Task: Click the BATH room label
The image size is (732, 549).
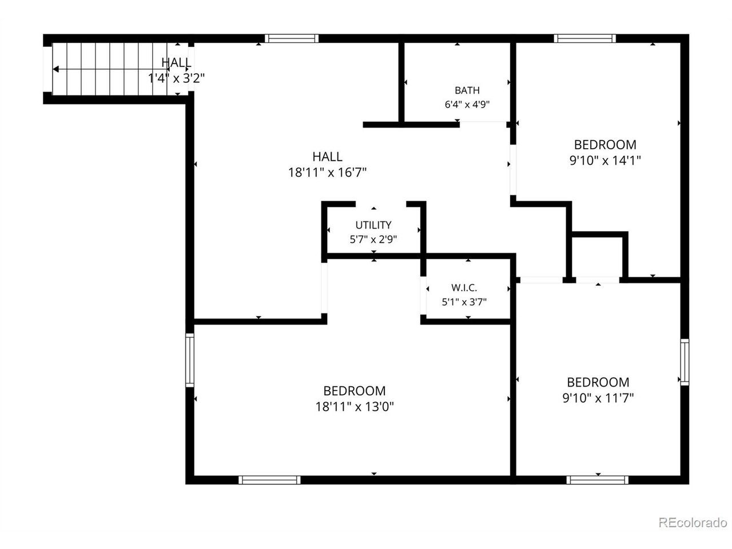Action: coord(467,90)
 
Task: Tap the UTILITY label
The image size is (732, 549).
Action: coord(373,225)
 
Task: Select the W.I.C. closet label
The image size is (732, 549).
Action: coord(464,287)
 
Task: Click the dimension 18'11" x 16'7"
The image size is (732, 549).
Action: coord(327,173)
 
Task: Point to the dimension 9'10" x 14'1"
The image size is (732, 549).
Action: coord(605,161)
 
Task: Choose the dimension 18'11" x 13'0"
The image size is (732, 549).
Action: coord(355,407)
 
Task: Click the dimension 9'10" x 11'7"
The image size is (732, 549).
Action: coord(598,398)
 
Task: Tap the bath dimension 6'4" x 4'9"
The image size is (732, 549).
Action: coord(467,105)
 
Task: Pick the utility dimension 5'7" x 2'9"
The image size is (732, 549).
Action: coord(373,240)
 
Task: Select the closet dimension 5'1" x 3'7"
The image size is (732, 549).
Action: coord(464,302)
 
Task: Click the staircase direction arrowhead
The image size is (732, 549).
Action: coord(56,69)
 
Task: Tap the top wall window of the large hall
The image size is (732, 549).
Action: coord(292,38)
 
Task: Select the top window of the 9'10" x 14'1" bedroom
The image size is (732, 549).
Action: coord(585,38)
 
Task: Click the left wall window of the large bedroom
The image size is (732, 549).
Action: coord(190,360)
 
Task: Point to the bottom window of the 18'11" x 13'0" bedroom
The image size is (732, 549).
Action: coord(269,480)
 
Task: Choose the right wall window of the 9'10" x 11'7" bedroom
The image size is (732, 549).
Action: coord(685,363)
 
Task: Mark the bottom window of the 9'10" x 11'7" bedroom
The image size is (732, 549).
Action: coord(597,480)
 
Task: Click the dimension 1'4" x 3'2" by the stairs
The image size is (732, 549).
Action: coord(176,78)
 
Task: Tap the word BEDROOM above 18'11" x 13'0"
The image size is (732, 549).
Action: coord(355,391)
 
